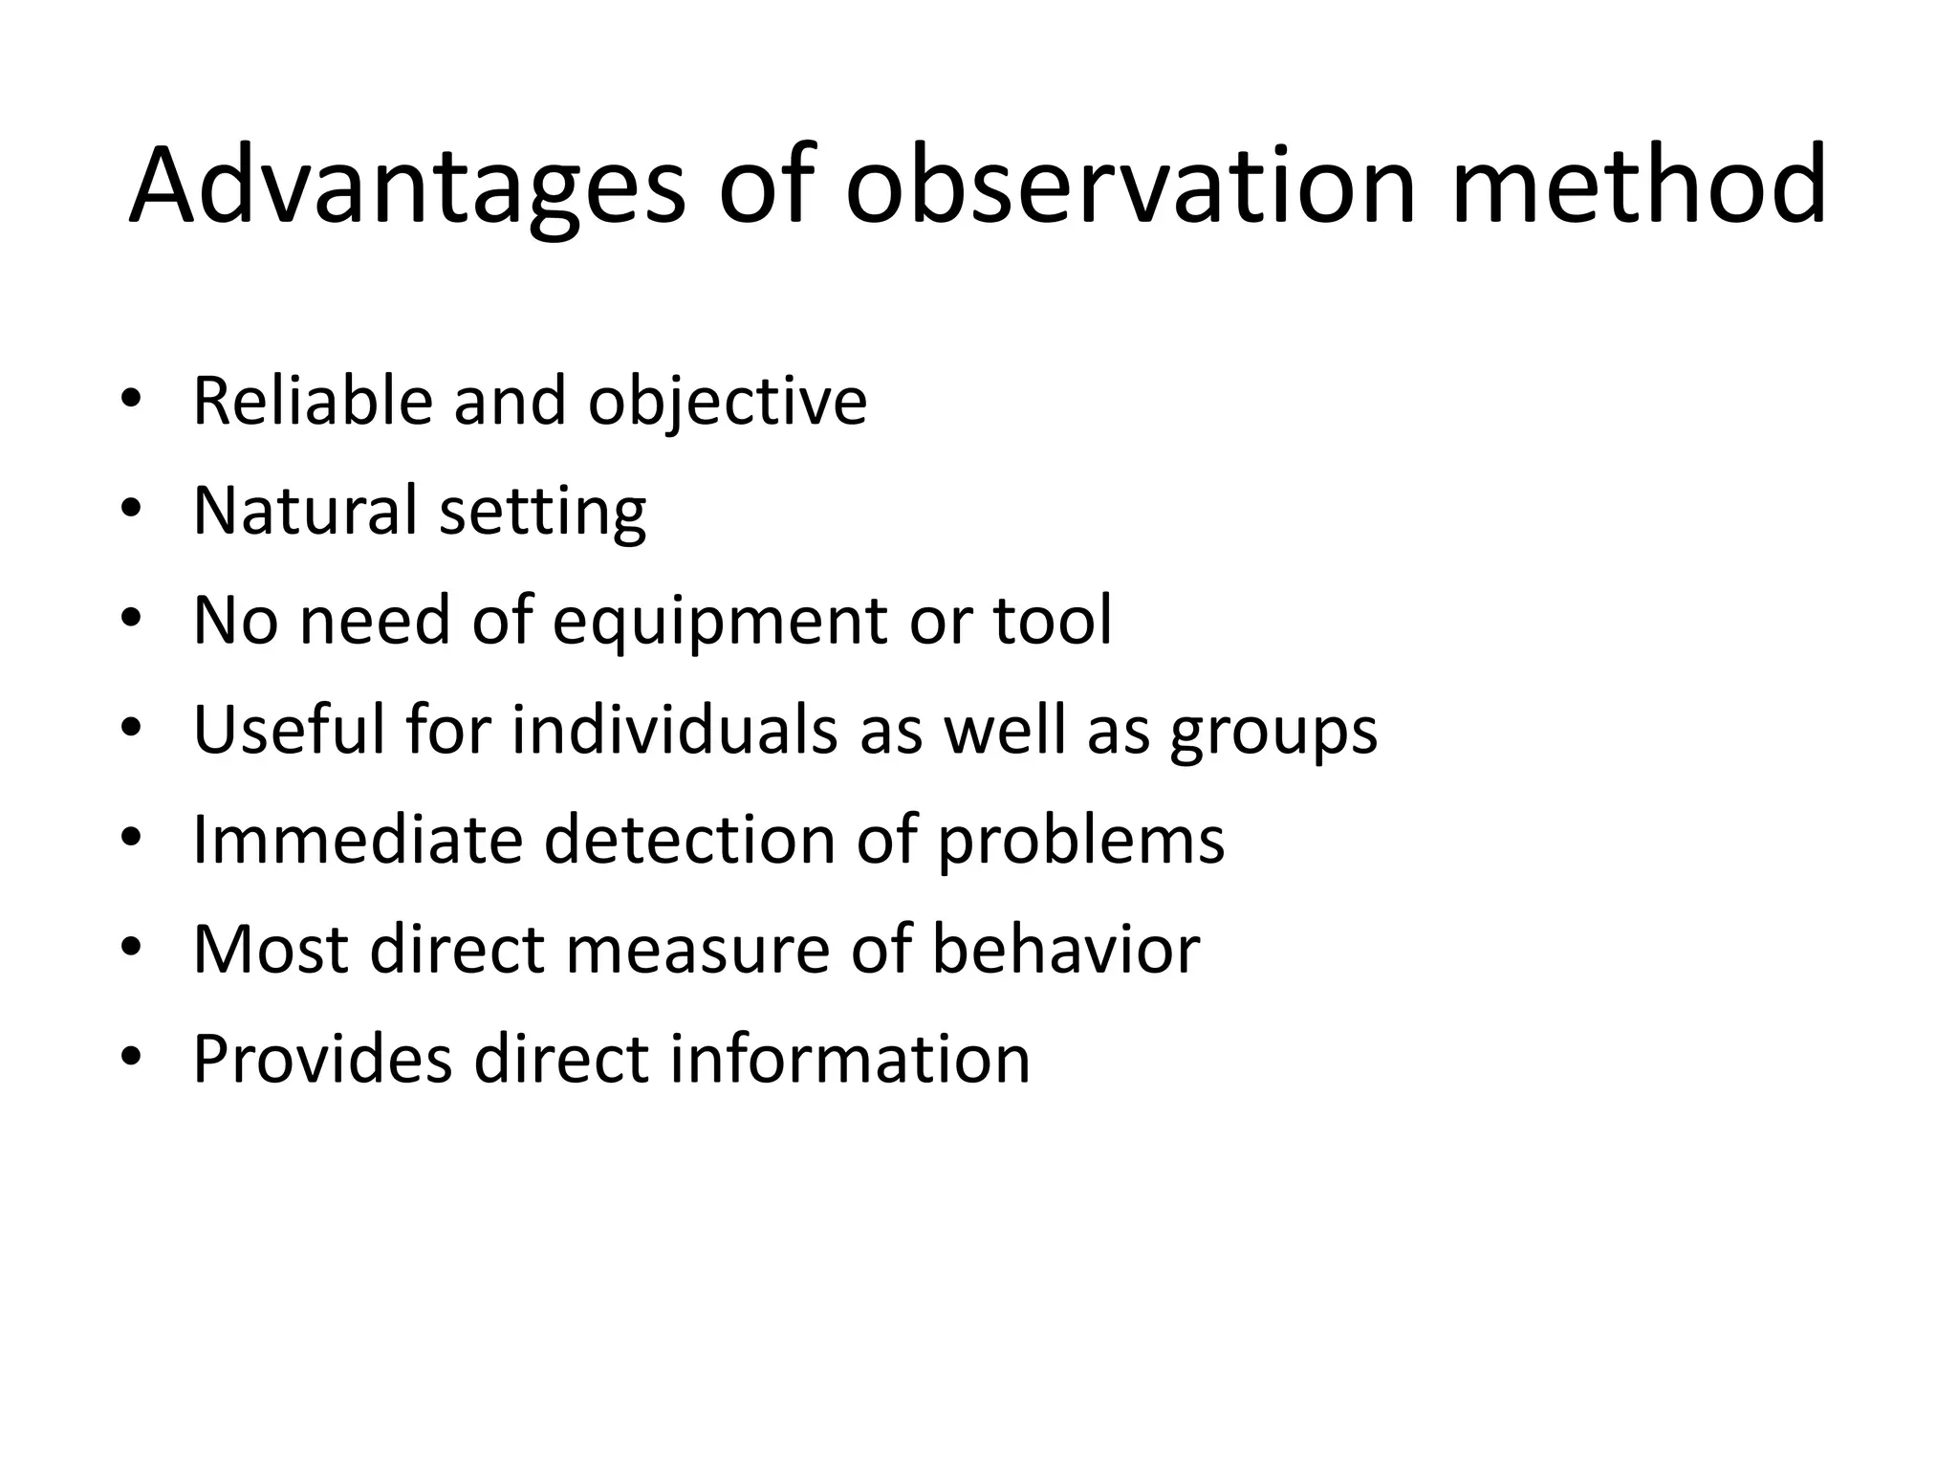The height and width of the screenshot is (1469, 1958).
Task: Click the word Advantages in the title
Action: [x=406, y=186]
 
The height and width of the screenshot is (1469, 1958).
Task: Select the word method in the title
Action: [x=1638, y=186]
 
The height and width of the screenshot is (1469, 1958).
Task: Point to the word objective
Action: [x=727, y=402]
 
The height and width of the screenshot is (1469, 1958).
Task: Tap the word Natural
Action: [x=305, y=510]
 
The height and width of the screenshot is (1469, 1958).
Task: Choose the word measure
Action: [x=698, y=949]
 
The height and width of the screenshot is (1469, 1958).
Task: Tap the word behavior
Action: [x=1065, y=949]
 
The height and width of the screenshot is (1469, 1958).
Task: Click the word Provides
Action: [x=322, y=1059]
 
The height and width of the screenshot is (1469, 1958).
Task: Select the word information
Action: [x=849, y=1059]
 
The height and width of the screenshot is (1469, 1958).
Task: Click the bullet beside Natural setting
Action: [x=131, y=508]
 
